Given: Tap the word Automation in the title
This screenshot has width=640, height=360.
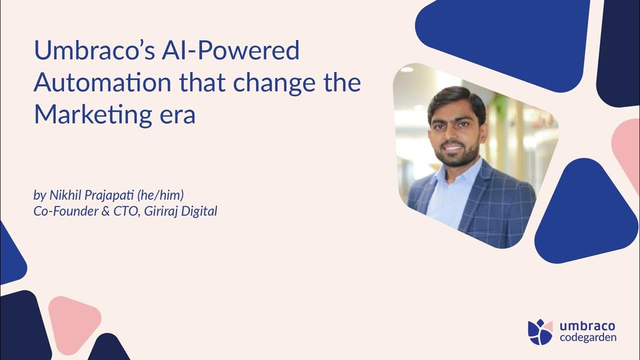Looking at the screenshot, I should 102,83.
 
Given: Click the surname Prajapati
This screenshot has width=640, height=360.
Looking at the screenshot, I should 105,194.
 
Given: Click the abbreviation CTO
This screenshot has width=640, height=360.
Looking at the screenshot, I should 125,211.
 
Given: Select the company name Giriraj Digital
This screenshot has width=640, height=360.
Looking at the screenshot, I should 180,211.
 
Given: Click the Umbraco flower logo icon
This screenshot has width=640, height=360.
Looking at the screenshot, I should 540,332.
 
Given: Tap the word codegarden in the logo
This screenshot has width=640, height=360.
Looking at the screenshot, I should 588,337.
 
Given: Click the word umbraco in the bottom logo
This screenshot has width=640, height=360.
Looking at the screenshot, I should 587,326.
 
